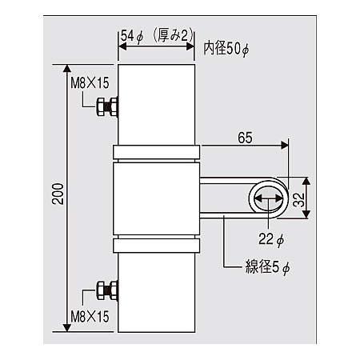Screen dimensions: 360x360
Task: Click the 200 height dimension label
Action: pos(58,194)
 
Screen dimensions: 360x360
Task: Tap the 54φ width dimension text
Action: pos(132,36)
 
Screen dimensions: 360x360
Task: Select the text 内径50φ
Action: pos(226,49)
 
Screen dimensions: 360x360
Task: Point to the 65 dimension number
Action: pos(245,138)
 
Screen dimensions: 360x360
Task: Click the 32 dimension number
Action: pos(298,200)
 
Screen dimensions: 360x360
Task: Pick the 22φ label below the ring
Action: pos(271,239)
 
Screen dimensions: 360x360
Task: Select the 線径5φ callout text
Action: pos(267,267)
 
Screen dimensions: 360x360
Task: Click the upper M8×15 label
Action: pos(90,83)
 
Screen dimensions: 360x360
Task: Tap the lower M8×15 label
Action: pos(90,317)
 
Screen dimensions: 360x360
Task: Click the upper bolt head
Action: pos(100,107)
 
